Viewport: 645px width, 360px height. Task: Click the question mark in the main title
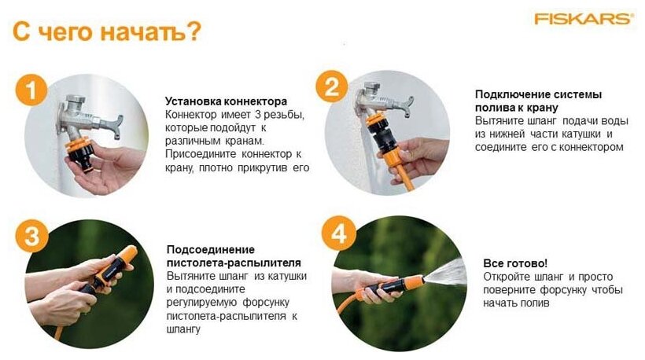(x=193, y=31)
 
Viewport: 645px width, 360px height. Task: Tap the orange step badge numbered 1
(x=31, y=90)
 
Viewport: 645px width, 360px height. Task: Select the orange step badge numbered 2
(x=332, y=86)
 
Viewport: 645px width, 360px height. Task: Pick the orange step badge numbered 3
(x=31, y=236)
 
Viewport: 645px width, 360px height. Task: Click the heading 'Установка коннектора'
(x=227, y=101)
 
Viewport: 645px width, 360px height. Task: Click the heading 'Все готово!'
(x=515, y=263)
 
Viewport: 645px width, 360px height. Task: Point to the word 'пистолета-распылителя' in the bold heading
(x=234, y=263)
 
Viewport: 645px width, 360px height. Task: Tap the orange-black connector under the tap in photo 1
(x=78, y=151)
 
